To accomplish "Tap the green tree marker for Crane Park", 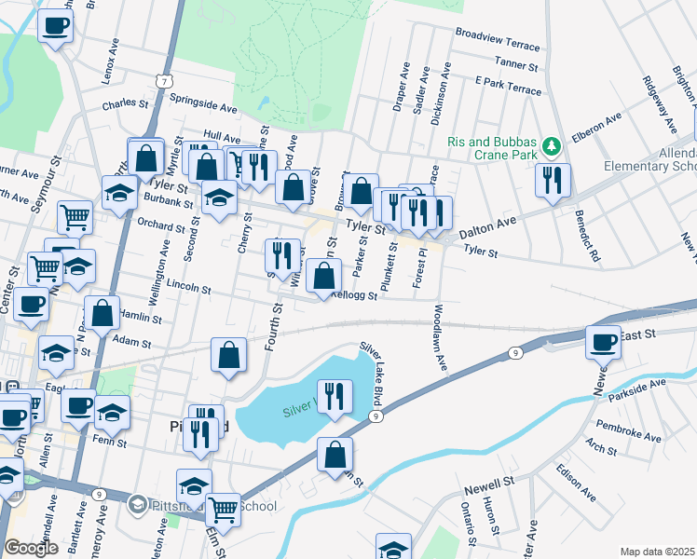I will (x=552, y=145).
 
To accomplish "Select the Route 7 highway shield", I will (x=164, y=82).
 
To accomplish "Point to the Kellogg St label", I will (x=352, y=296).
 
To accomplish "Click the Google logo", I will (x=31, y=547).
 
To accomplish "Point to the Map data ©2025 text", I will (x=657, y=552).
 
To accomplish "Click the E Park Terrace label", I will (x=507, y=89).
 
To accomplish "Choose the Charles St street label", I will (x=126, y=104).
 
